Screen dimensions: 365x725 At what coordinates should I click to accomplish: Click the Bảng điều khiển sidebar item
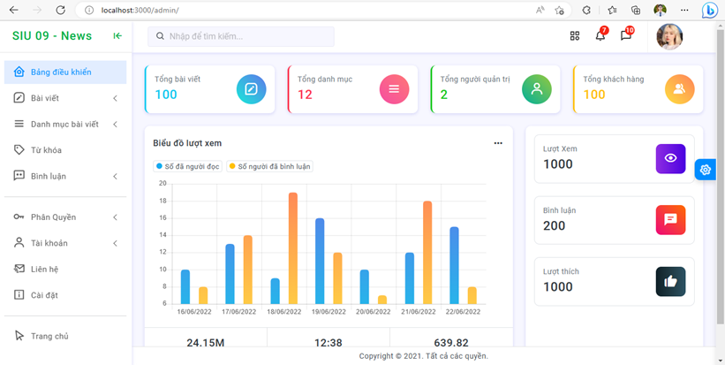pyautogui.click(x=60, y=72)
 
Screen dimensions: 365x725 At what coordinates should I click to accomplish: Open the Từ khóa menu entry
pyautogui.click(x=46, y=150)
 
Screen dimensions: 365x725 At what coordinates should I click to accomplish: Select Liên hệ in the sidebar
pyautogui.click(x=44, y=269)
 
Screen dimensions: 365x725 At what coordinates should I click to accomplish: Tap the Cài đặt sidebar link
pyautogui.click(x=44, y=295)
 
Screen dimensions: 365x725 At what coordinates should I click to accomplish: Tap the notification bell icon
pyautogui.click(x=600, y=36)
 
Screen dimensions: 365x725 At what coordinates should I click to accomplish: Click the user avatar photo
pyautogui.click(x=669, y=36)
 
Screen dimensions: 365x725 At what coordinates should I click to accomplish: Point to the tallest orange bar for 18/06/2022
pyautogui.click(x=292, y=247)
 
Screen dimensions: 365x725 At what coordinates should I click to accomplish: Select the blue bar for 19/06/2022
pyautogui.click(x=319, y=261)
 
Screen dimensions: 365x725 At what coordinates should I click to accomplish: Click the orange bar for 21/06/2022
pyautogui.click(x=427, y=252)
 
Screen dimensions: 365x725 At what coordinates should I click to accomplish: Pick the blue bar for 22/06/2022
pyautogui.click(x=454, y=265)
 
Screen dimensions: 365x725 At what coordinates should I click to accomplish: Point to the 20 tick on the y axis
pyautogui.click(x=162, y=184)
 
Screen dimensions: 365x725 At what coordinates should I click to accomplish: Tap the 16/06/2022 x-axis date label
pyautogui.click(x=194, y=312)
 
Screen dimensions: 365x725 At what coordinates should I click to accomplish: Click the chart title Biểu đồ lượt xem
pyautogui.click(x=187, y=143)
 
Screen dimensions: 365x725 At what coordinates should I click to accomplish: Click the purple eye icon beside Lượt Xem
pyautogui.click(x=670, y=158)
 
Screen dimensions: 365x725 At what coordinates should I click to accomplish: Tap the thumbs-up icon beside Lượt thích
pyautogui.click(x=670, y=281)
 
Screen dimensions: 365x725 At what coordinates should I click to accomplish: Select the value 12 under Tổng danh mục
pyautogui.click(x=305, y=95)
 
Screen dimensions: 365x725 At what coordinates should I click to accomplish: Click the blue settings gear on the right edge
pyautogui.click(x=705, y=170)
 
